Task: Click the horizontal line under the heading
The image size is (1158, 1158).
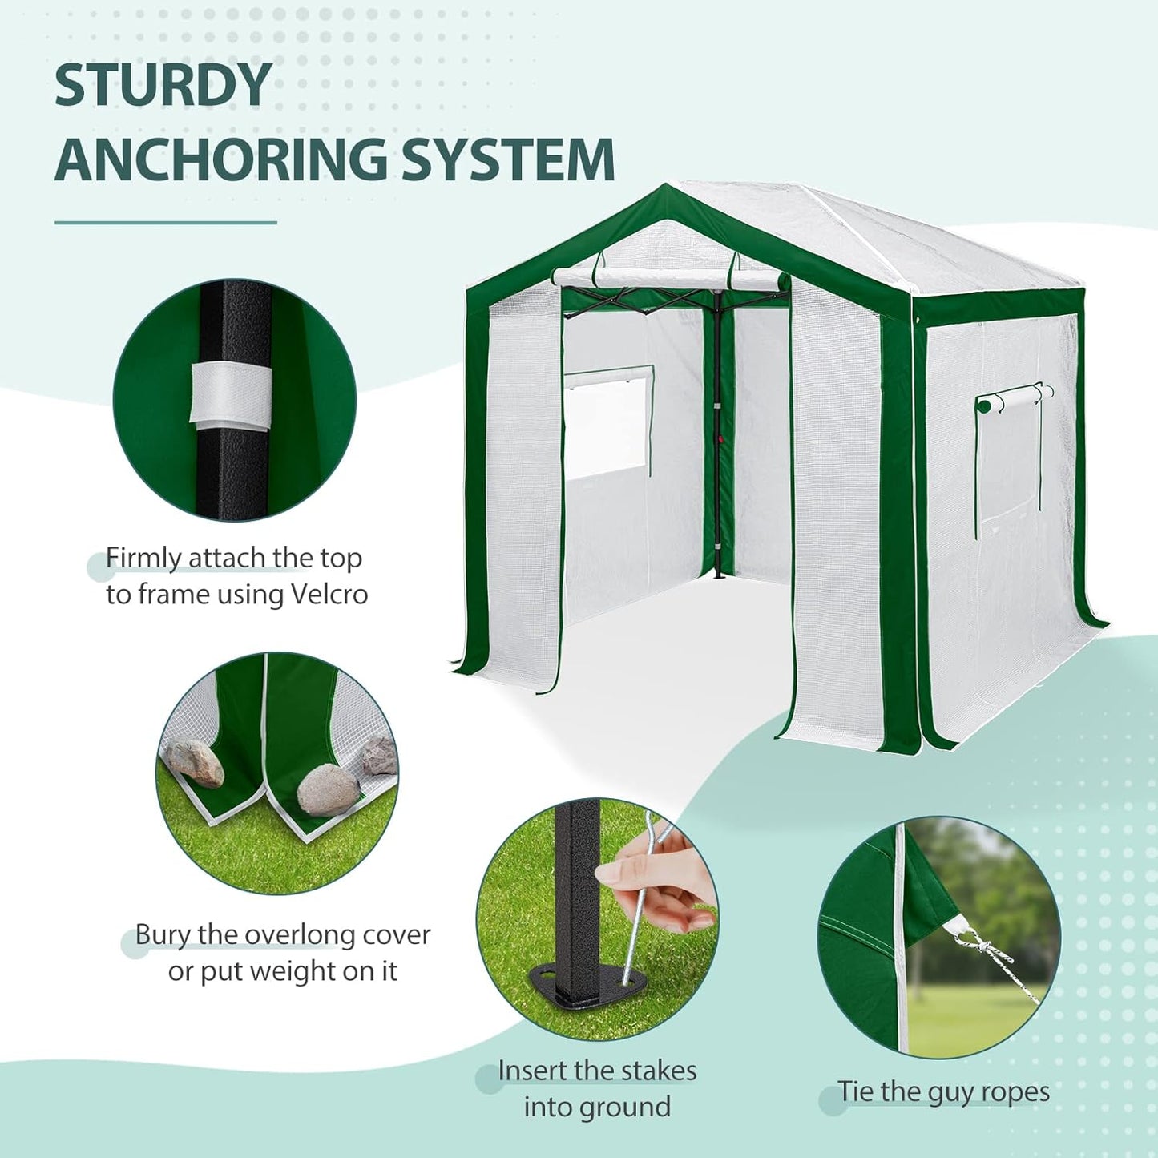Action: click(x=166, y=222)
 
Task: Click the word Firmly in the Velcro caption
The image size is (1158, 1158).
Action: click(x=143, y=559)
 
